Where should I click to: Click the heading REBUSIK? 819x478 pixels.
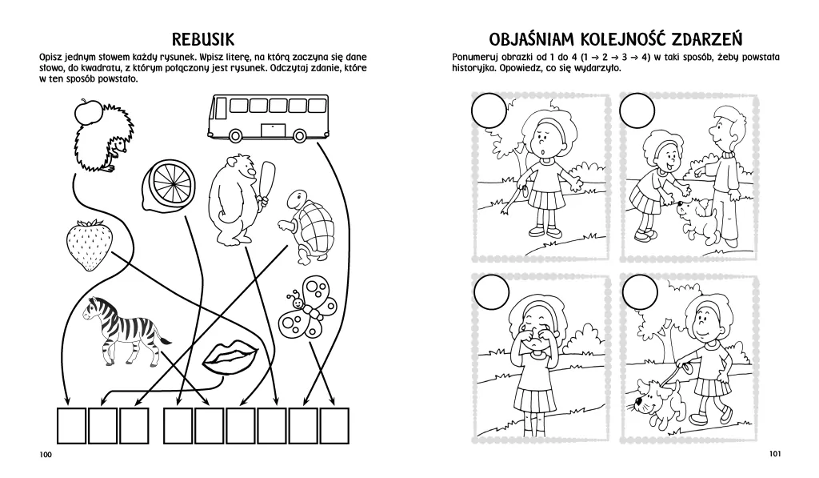pos(202,39)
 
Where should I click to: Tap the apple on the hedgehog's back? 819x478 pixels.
pos(87,110)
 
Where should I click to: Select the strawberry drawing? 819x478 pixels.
pos(90,245)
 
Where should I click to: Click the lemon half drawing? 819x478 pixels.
pos(170,183)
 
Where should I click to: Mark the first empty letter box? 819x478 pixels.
pos(71,426)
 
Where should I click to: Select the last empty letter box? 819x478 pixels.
pos(334,426)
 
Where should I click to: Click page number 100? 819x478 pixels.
pos(46,455)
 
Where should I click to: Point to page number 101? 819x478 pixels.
pos(774,453)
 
